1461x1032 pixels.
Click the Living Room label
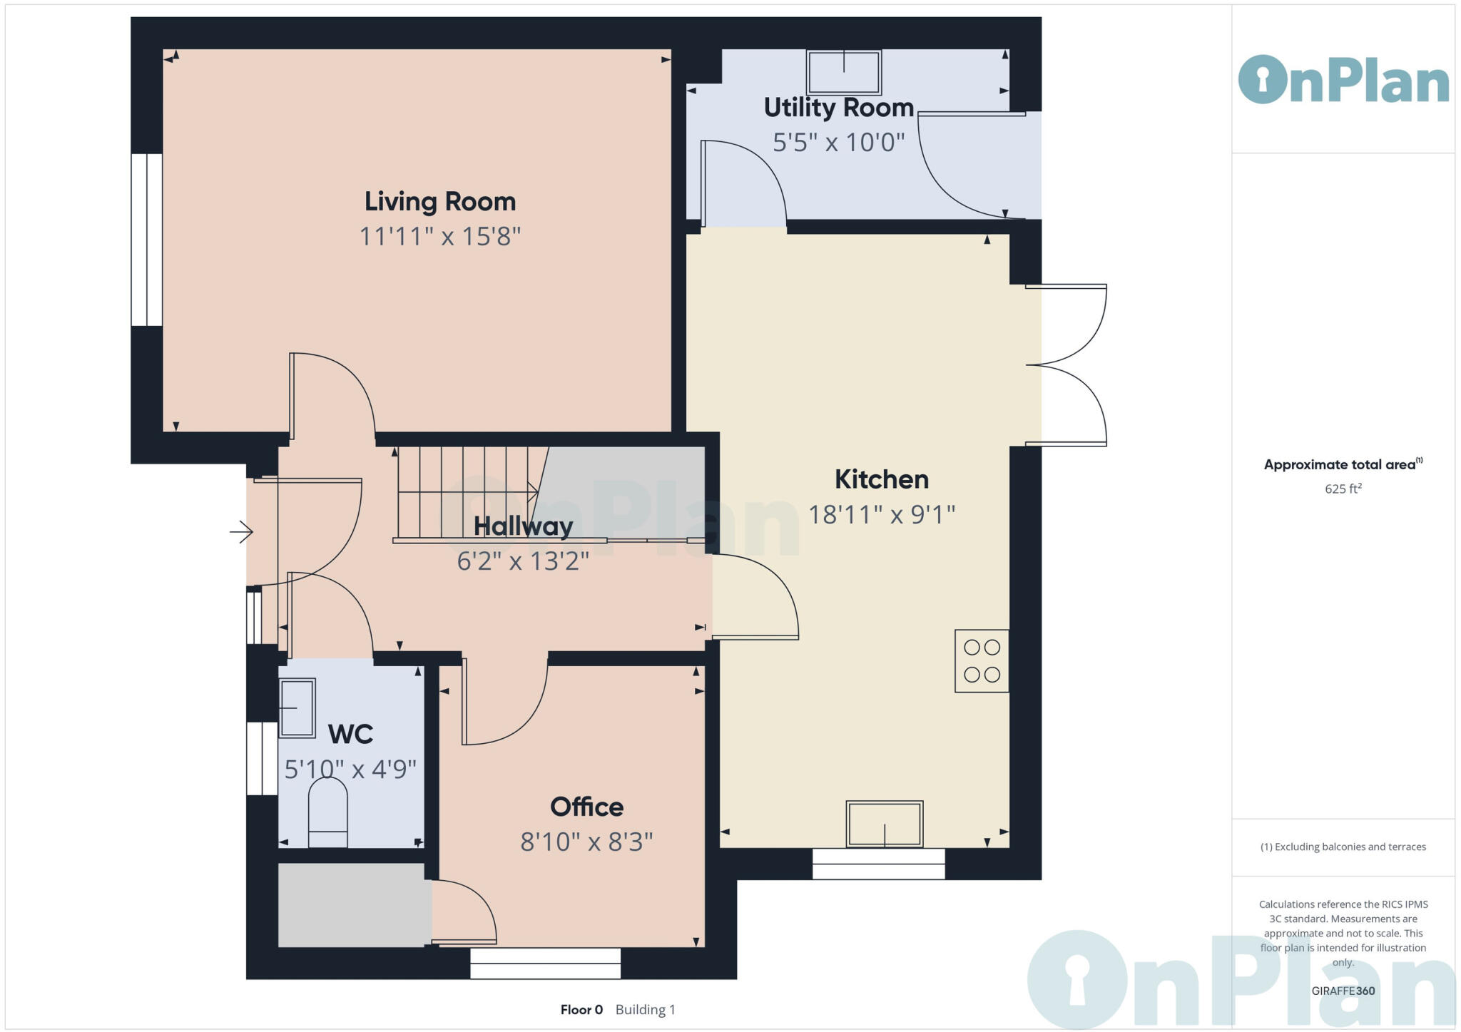coord(439,202)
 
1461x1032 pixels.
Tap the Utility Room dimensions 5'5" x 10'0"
coord(838,143)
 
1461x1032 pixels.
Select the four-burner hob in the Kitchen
coord(982,661)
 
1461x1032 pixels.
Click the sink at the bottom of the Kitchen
coord(884,824)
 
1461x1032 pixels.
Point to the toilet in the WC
coord(327,813)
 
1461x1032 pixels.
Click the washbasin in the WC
coord(297,708)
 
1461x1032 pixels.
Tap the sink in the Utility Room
coord(843,71)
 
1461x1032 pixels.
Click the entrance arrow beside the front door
coord(241,532)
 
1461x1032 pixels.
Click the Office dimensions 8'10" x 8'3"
coord(586,842)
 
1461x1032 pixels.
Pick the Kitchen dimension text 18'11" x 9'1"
coord(881,514)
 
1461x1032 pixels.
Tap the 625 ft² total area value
coord(1343,489)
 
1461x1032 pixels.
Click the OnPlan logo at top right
coord(1343,80)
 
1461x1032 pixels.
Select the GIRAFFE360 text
coord(1343,991)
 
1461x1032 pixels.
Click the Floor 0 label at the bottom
coord(581,1010)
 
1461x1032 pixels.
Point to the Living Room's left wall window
coord(147,240)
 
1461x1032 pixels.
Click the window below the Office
coord(545,964)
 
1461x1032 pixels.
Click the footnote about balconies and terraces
coord(1343,847)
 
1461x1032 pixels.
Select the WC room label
coord(350,734)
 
